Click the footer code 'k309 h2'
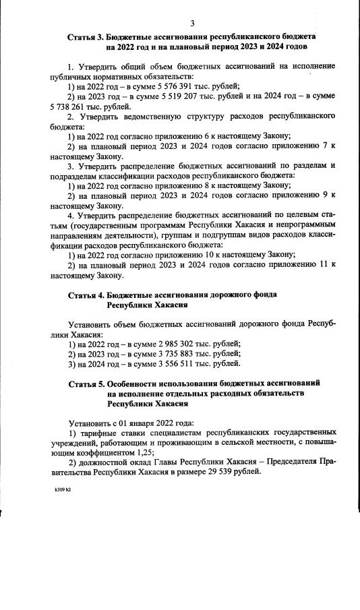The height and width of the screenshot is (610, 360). [63, 489]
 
